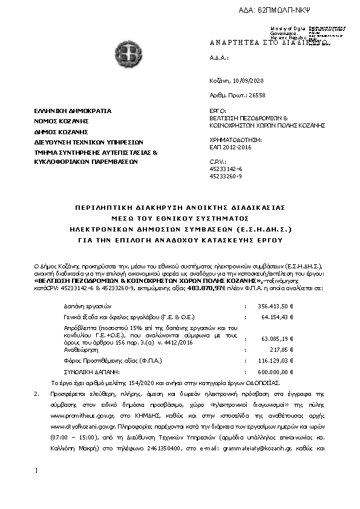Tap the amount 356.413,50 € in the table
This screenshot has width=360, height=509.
[x=275, y=306]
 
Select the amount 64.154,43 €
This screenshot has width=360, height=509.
[x=278, y=316]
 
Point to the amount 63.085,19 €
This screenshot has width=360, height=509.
[x=278, y=339]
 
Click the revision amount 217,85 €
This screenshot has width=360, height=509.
[x=281, y=349]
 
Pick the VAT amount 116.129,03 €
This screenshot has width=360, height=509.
[x=276, y=360]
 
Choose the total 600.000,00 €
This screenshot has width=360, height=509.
[x=276, y=372]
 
